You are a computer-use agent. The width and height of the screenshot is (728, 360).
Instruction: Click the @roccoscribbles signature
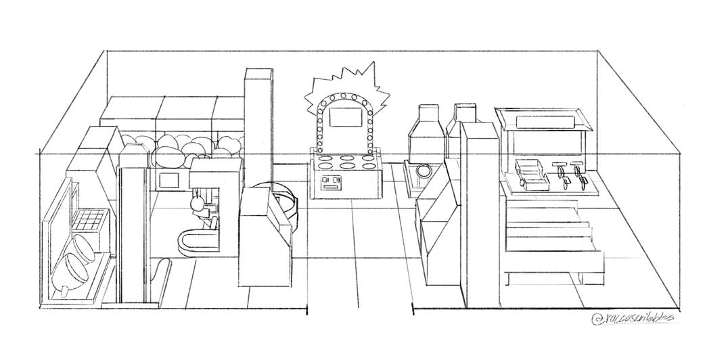click(x=633, y=317)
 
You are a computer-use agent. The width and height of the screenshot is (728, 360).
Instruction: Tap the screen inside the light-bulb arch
click(x=345, y=119)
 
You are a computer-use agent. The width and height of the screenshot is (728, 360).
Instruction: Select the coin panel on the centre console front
click(x=332, y=181)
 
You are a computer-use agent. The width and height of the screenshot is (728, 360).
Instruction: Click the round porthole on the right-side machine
click(x=424, y=172)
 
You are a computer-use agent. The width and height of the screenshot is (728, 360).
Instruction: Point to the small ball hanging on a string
click(x=197, y=203)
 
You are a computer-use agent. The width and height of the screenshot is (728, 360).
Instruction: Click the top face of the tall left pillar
click(x=258, y=73)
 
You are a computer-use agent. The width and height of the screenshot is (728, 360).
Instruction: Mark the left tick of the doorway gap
click(x=307, y=311)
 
